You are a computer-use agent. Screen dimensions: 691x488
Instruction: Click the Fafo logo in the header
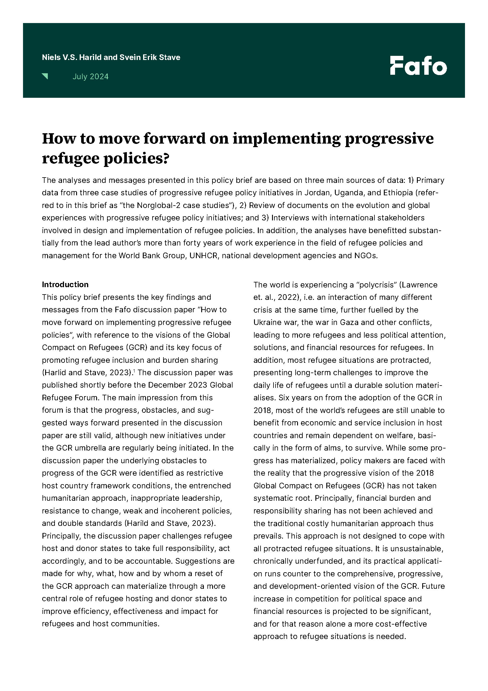[418, 66]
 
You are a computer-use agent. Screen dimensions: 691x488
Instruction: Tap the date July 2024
[91, 77]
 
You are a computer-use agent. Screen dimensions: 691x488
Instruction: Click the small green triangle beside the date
[45, 76]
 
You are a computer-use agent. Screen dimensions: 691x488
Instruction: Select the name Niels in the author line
[51, 57]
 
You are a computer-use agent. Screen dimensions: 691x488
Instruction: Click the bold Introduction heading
[65, 284]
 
